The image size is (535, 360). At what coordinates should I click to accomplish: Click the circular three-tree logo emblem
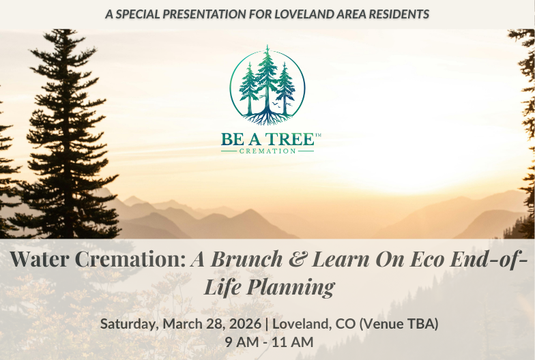[267, 85]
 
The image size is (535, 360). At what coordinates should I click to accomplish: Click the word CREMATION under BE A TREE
[267, 151]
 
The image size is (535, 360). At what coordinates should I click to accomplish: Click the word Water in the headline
[42, 260]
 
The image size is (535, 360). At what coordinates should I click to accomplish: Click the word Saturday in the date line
[129, 323]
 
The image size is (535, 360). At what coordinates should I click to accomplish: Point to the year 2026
[243, 323]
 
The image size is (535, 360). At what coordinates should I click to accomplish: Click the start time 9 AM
[241, 342]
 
